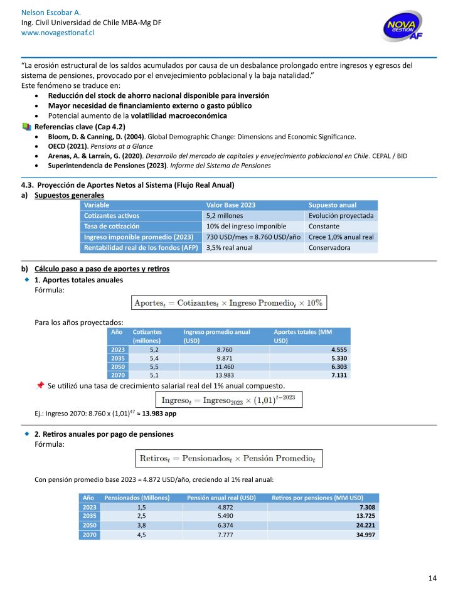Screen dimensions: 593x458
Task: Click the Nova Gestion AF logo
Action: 407,28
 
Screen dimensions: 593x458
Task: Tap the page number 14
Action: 432,578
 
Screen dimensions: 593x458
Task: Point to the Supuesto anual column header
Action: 332,205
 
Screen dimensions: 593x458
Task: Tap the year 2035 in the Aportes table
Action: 118,358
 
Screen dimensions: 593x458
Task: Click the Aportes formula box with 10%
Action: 228,303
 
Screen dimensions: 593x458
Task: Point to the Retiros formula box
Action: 228,458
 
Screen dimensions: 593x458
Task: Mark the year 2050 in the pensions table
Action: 90,526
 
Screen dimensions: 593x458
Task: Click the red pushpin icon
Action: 40,385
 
